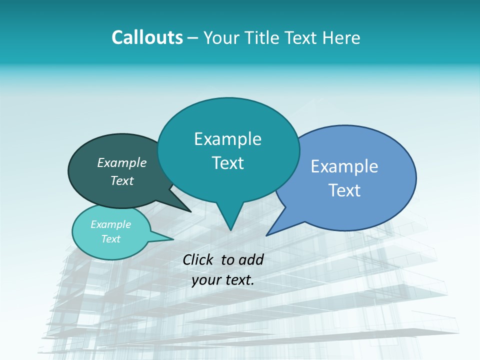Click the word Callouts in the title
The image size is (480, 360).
(x=147, y=37)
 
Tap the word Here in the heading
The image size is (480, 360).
(x=341, y=37)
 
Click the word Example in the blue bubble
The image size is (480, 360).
(x=344, y=166)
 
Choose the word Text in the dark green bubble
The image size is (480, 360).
(x=122, y=180)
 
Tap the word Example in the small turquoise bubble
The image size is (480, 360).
(x=110, y=224)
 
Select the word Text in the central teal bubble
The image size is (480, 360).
(x=228, y=163)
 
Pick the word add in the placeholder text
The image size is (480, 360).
(x=251, y=259)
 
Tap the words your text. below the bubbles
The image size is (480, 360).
(x=223, y=280)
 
